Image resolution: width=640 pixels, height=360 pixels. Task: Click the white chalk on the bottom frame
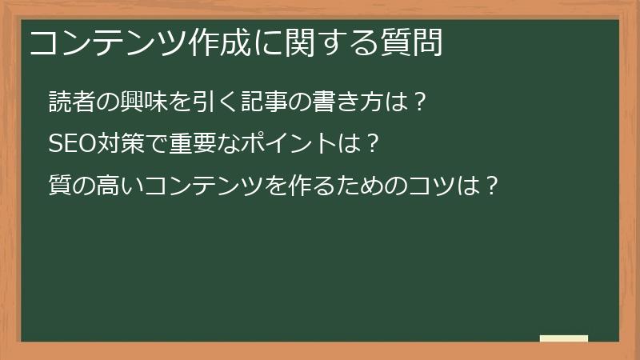coord(564,338)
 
